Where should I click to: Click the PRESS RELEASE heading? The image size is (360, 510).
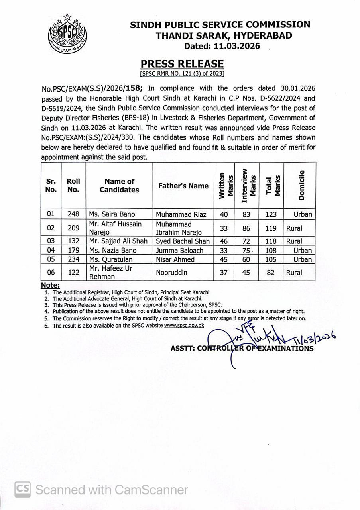[182, 64]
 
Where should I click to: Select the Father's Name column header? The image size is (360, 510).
[183, 186]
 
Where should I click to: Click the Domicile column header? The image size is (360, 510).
[301, 185]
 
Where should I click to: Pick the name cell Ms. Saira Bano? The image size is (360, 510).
[110, 214]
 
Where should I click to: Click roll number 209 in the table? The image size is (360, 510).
[73, 228]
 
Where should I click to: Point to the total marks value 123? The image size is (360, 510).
[271, 214]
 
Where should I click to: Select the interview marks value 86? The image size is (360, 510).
[246, 228]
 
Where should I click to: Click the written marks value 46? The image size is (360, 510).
[224, 241]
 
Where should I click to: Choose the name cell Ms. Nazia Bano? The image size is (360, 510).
[113, 251]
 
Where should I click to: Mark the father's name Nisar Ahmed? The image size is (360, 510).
[175, 260]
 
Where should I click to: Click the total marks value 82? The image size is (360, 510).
[271, 273]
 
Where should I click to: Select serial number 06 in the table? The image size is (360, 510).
[51, 273]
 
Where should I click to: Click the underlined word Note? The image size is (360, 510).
[50, 285]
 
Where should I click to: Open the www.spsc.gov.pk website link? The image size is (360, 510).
[184, 326]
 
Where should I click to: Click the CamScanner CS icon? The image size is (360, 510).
[22, 489]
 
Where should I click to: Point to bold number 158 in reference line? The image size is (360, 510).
[133, 89]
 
